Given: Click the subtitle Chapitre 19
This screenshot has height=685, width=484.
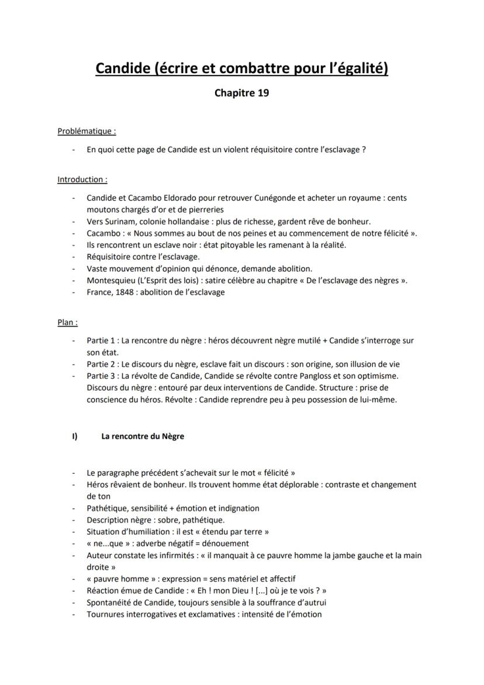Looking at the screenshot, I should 242,93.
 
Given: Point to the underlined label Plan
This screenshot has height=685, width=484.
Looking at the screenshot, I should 68,322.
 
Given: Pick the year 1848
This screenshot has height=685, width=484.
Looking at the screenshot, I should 127,292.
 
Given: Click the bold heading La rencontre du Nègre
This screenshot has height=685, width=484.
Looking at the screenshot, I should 143,436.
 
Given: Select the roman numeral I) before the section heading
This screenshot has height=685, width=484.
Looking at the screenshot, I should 75,436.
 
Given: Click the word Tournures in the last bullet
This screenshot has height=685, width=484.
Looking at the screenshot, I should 106,614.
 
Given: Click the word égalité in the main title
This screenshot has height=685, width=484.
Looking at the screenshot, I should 359,69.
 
